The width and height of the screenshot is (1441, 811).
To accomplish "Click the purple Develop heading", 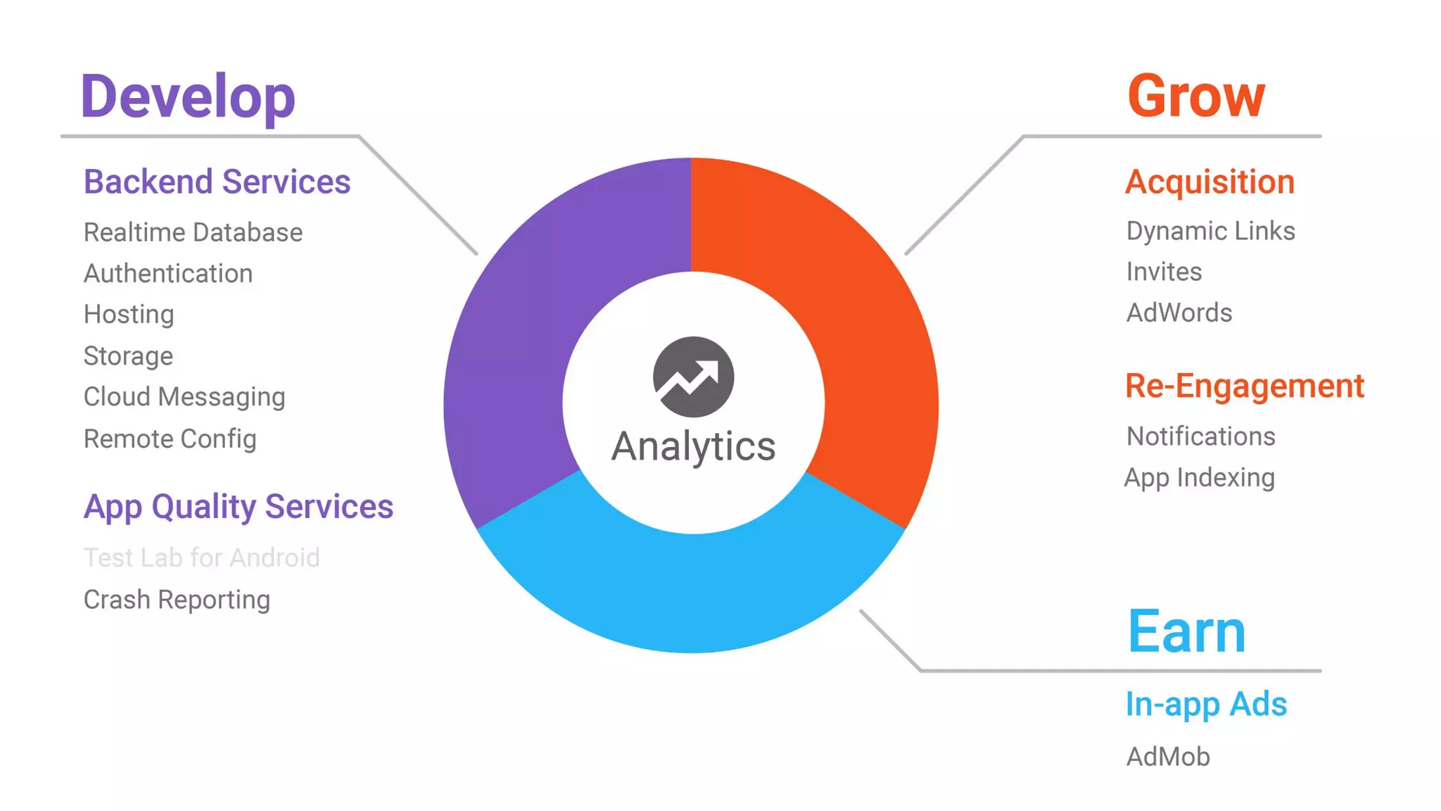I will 188,96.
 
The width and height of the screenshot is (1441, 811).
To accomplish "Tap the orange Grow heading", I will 1196,96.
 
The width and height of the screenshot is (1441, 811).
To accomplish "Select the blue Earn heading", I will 1186,631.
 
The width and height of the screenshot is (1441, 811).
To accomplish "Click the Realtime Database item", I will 193,232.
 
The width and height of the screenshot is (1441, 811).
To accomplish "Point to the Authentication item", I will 168,273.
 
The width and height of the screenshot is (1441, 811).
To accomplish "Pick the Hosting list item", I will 129,314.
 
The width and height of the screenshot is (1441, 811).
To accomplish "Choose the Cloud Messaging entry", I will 184,397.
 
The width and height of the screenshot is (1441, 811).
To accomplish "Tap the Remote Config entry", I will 170,439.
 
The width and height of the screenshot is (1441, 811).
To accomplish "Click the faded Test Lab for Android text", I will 202,558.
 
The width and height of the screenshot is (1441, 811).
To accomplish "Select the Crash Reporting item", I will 177,600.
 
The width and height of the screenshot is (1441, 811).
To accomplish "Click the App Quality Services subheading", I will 238,507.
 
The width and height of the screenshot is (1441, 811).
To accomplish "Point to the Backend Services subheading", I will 217,182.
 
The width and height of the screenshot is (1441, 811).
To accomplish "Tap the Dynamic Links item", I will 1210,231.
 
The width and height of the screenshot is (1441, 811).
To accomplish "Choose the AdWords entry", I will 1179,313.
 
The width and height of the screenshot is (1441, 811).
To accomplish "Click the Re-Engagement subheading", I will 1244,386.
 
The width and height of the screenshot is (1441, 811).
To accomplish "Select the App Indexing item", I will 1200,478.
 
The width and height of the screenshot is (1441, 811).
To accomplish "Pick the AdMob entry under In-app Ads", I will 1168,757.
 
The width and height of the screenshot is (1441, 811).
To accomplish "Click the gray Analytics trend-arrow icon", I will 693,377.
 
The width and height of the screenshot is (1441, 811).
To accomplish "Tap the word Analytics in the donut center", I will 693,446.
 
